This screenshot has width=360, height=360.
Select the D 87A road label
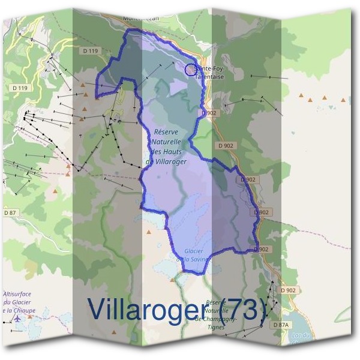click(x=281, y=325)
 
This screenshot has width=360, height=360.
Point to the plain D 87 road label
click(x=11, y=212)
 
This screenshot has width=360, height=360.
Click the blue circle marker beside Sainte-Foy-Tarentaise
click(x=190, y=70)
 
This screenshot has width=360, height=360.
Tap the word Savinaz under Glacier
click(x=199, y=259)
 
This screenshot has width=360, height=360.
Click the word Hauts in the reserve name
click(x=174, y=152)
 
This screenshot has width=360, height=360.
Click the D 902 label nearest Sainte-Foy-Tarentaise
click(x=209, y=112)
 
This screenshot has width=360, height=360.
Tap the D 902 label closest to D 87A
click(x=288, y=290)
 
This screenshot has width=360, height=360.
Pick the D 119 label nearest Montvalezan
click(x=88, y=52)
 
